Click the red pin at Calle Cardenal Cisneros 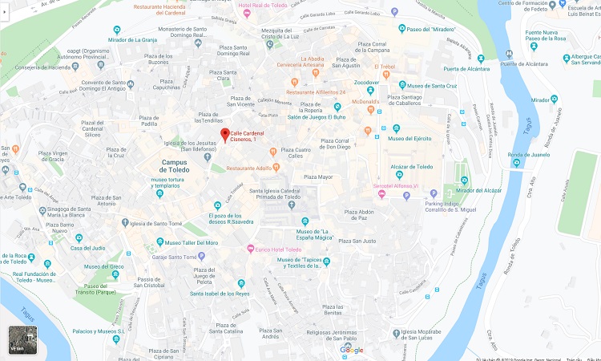tap(225, 134)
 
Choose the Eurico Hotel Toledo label tap(284, 249)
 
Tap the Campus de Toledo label tap(170, 166)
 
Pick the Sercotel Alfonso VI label tap(407, 185)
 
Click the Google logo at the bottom tap(351, 350)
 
